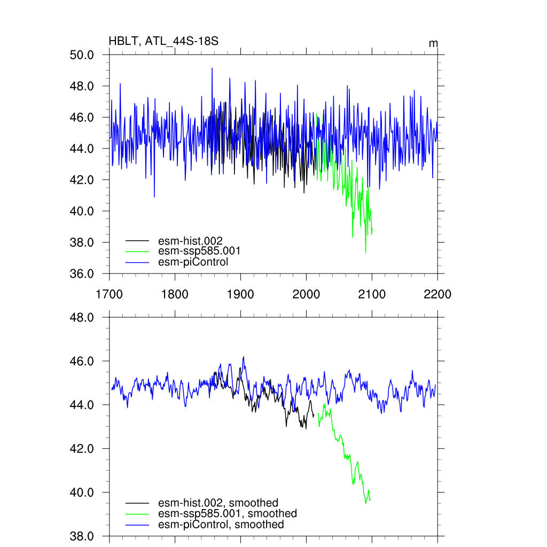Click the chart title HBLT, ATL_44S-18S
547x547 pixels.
tap(163, 41)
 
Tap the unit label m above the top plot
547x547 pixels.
tap(434, 43)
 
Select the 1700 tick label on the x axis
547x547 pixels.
tap(109, 294)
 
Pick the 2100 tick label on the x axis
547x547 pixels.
tap(372, 294)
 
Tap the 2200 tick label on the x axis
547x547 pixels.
tap(437, 294)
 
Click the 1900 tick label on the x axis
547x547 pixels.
tap(240, 294)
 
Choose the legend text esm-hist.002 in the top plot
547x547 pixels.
tap(190, 240)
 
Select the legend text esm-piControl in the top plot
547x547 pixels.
tap(193, 262)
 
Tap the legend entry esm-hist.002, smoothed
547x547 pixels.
tap(218, 503)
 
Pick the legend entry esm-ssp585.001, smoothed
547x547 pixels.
tap(228, 513)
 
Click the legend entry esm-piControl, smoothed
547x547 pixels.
tap(221, 525)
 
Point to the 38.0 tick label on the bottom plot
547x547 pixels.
tap(82, 536)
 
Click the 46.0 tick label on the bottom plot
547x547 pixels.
tap(82, 361)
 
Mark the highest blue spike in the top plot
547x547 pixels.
tap(212, 68)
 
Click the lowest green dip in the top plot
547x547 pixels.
tap(365, 252)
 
